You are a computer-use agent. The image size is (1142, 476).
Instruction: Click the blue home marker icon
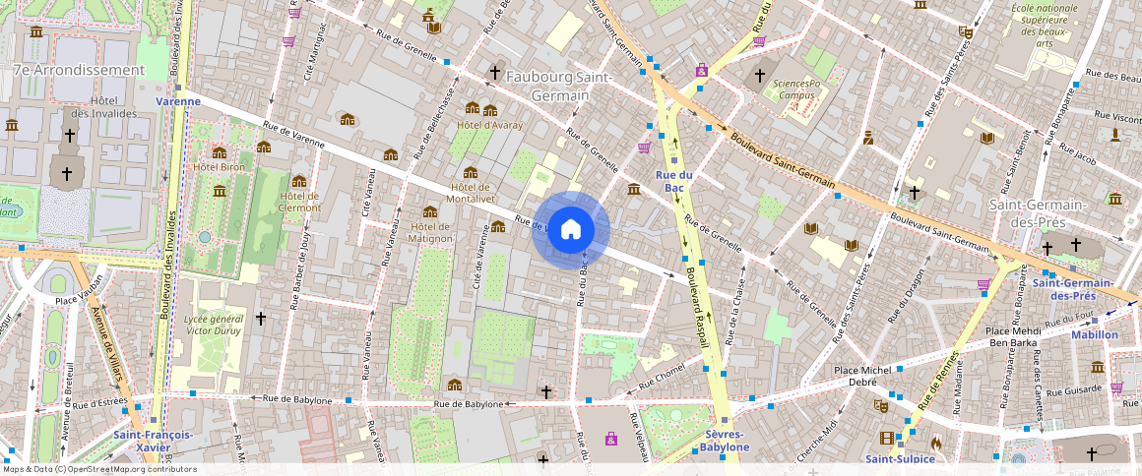click(x=570, y=230)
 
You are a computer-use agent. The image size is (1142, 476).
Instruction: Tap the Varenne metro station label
click(x=178, y=100)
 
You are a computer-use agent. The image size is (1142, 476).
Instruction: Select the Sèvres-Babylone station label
click(x=725, y=441)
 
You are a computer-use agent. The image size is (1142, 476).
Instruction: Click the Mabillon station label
click(x=1094, y=334)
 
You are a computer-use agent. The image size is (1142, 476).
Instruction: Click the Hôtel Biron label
click(x=219, y=166)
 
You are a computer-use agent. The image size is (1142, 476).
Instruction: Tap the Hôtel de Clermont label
click(x=299, y=201)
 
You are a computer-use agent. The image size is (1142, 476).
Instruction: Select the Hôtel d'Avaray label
click(x=489, y=125)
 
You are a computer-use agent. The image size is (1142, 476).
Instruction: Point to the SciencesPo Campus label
click(x=796, y=90)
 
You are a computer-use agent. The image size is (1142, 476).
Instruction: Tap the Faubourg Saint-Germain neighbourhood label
click(x=559, y=87)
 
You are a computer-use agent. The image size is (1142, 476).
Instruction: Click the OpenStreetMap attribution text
click(x=99, y=469)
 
